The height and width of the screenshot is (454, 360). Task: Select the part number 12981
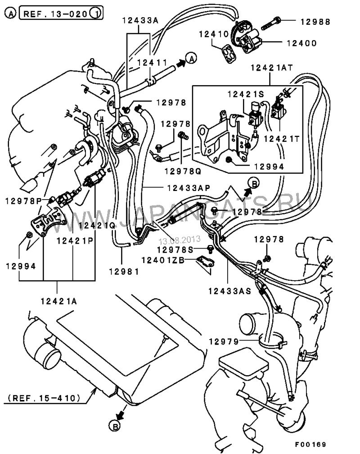pyautogui.click(x=122, y=271)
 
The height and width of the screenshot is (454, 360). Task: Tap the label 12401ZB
pyautogui.click(x=162, y=259)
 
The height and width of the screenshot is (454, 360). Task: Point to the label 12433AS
pyautogui.click(x=229, y=291)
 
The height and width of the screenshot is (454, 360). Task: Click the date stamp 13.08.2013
pyautogui.click(x=179, y=241)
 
